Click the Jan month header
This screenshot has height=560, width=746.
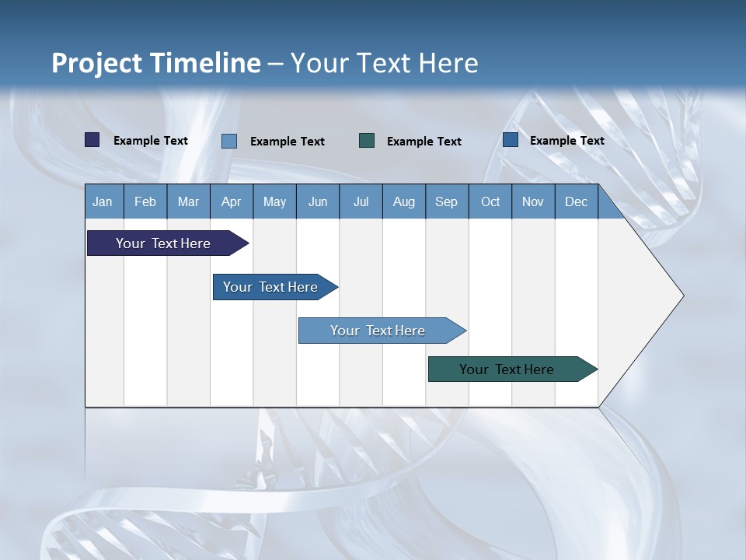pos(103,202)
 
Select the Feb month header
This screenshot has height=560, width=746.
pos(145,202)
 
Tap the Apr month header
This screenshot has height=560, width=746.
pos(231,202)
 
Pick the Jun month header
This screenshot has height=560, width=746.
pos(318,202)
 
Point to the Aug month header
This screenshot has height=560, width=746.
pos(403,202)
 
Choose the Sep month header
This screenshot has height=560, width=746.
pos(446,202)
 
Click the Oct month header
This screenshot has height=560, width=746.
pos(490,202)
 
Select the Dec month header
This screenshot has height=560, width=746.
pos(576,202)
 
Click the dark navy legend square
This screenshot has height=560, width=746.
pos(92,140)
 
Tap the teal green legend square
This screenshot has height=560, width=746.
pos(367,141)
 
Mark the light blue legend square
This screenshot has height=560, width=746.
pos(229,141)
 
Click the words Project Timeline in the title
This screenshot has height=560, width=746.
pos(155,63)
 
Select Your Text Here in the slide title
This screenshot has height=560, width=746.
pos(384,63)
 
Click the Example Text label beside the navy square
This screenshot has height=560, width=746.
pos(151,141)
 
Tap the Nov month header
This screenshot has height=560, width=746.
pos(533,202)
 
